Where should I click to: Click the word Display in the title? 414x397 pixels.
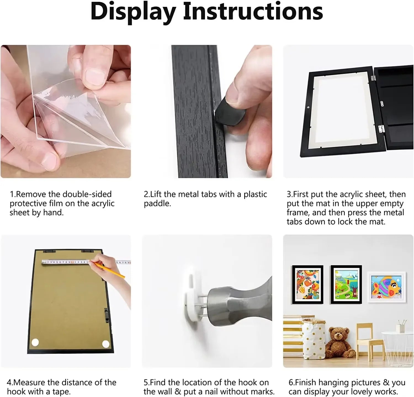(133, 12)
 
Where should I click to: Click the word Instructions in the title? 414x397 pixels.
(253, 12)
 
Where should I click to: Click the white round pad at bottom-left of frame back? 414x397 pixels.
(35, 342)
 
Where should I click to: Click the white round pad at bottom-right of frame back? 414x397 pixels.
(106, 344)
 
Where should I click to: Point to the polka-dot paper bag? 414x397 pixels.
(313, 341)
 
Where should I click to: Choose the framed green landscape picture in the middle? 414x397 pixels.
(346, 285)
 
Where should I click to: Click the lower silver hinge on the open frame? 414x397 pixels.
(381, 128)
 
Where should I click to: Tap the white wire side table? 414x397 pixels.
(397, 348)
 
